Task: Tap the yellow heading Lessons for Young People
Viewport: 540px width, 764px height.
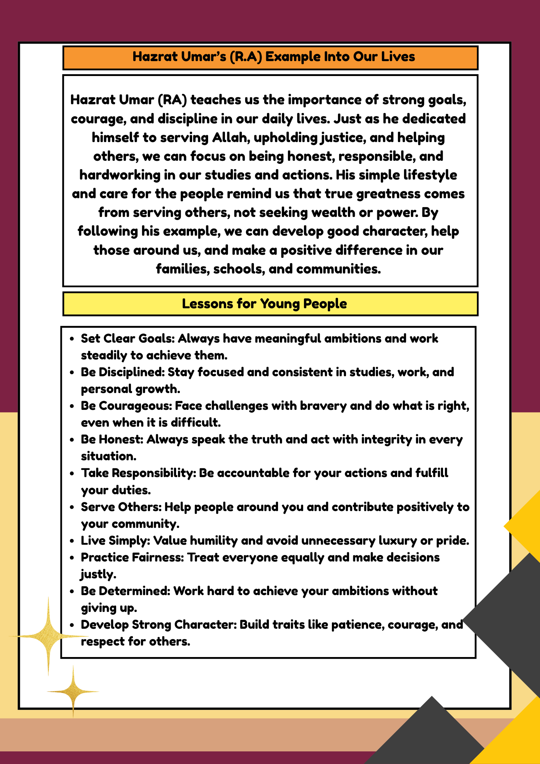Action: pos(264,304)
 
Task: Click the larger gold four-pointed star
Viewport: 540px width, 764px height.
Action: pos(49,636)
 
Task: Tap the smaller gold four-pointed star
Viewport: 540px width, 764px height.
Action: pos(73,691)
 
